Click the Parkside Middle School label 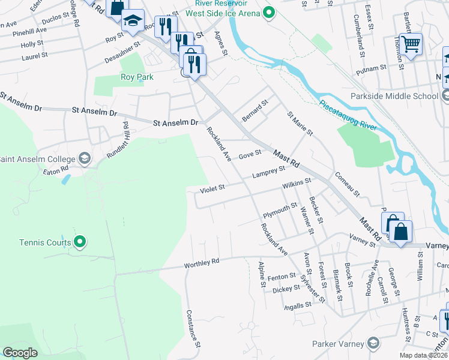click(x=396, y=96)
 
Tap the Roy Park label click(x=137, y=77)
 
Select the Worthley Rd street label click(x=202, y=262)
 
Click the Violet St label click(x=212, y=188)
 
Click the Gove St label click(x=250, y=154)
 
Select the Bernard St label click(x=255, y=111)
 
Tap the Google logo click(x=20, y=353)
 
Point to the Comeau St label click(x=347, y=185)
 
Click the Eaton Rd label click(x=55, y=171)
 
